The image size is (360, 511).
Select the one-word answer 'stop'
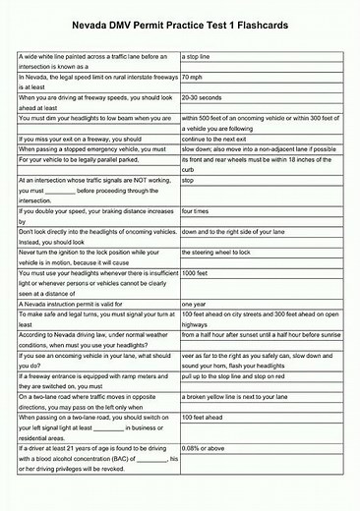pyautogui.click(x=189, y=181)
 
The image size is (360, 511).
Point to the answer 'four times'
pyautogui.click(x=196, y=211)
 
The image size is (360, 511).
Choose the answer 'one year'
pyautogui.click(x=195, y=304)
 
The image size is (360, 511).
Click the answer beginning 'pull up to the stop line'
pyautogui.click(x=240, y=376)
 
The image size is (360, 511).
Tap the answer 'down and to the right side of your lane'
pyautogui.click(x=242, y=232)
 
